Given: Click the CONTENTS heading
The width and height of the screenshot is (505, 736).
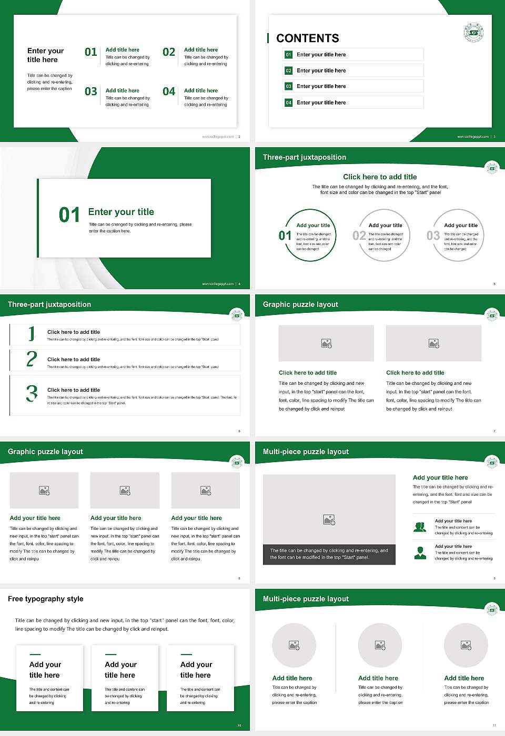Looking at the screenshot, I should click(308, 38).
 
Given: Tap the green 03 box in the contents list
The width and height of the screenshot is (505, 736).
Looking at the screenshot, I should click(288, 86).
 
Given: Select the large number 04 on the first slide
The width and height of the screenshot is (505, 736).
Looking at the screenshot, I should click(169, 91).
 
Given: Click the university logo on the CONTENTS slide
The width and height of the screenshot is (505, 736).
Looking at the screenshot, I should click(473, 33).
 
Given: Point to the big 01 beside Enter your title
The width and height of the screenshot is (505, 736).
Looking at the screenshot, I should click(69, 214).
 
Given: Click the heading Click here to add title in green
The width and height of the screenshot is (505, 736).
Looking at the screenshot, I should click(380, 177).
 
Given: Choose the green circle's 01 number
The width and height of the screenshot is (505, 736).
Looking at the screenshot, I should click(285, 236).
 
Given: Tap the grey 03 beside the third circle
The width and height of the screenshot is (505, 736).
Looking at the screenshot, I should click(433, 236).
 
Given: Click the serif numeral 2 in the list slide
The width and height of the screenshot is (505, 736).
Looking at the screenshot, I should click(32, 359).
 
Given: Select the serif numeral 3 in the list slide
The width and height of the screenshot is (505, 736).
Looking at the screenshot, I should click(32, 393).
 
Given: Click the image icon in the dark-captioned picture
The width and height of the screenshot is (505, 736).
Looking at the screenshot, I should click(329, 519).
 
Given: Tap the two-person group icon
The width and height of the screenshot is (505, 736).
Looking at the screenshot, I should click(420, 527).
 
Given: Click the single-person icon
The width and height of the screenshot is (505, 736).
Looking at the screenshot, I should click(420, 553).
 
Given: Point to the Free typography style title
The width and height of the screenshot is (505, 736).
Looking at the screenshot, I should click(46, 599).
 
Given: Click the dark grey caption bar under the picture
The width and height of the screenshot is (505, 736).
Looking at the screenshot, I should click(329, 554).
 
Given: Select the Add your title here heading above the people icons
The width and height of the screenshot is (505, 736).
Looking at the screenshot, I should click(440, 478).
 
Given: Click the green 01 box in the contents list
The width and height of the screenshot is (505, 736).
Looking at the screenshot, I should click(288, 55).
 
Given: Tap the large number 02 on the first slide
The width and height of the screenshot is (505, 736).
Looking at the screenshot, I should click(169, 52).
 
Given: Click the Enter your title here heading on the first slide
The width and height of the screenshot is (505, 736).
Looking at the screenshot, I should click(45, 55).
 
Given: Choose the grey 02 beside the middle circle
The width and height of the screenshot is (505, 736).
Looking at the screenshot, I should click(359, 236).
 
